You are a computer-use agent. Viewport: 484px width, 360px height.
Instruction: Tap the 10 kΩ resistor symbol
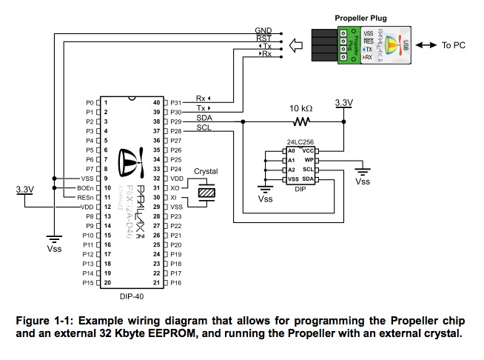300,121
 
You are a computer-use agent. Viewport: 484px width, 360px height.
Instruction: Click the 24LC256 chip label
300,142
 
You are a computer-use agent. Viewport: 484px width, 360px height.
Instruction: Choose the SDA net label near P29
205,118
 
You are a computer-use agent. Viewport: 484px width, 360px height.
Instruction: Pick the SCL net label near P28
205,127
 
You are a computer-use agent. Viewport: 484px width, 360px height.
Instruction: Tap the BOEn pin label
84,188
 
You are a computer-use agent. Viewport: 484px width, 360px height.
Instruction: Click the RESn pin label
84,198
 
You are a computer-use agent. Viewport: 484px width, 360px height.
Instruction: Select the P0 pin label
90,102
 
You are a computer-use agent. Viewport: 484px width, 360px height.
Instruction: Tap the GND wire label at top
263,30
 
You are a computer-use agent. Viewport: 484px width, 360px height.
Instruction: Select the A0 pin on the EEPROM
292,150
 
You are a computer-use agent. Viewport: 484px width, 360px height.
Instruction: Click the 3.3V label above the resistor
344,102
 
